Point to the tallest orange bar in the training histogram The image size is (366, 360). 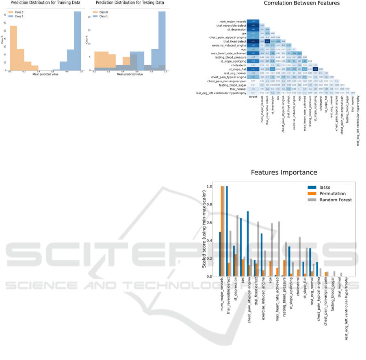click(13, 49)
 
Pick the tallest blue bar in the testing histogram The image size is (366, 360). click(162, 41)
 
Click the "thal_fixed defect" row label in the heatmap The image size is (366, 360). click(232, 41)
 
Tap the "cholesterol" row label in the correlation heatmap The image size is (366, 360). click(236, 65)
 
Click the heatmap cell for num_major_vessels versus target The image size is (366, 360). click(253, 21)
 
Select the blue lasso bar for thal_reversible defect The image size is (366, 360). click(227, 231)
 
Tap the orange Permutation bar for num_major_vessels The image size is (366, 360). click(222, 231)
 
